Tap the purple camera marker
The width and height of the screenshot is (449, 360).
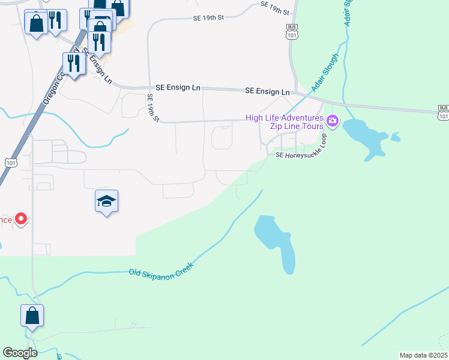coord(333,124)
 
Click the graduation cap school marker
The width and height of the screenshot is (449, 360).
coord(106,202)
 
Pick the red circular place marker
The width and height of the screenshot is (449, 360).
coord(21,219)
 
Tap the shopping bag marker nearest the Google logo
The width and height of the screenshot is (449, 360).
coord(32,316)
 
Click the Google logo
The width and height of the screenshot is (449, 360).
coord(20,353)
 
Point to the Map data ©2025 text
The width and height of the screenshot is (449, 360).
coord(423,355)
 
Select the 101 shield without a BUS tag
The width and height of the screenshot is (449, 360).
coord(11,162)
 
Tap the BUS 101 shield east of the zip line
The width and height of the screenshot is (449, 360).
coord(443,110)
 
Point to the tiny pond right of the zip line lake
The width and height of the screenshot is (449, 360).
coord(395,137)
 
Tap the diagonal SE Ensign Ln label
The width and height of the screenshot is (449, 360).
coord(100,67)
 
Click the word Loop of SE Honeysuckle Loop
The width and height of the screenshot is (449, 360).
coord(323,142)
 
